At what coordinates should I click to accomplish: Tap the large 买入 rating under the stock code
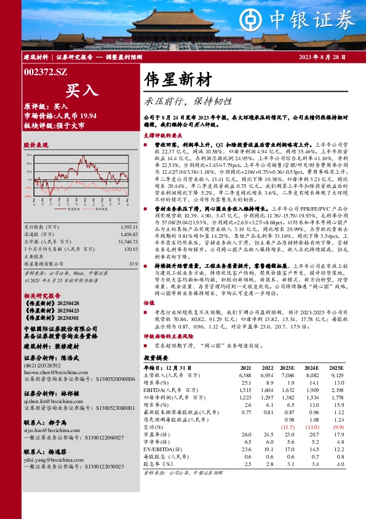click(x=82, y=90)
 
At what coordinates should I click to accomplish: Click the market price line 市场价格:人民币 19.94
click(x=60, y=115)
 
